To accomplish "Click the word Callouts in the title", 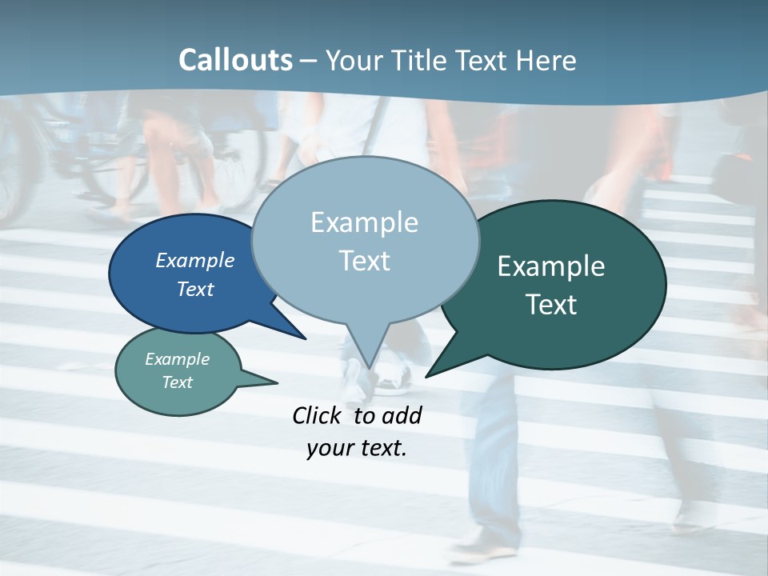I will (x=235, y=60).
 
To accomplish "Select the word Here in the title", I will (x=546, y=60).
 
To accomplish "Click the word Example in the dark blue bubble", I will (x=194, y=260).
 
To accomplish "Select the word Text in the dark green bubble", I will (x=552, y=305).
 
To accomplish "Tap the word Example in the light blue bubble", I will (x=365, y=222).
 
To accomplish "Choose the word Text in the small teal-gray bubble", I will (x=178, y=382).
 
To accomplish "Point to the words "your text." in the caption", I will (x=357, y=448).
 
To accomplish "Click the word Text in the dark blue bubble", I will (x=195, y=289).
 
